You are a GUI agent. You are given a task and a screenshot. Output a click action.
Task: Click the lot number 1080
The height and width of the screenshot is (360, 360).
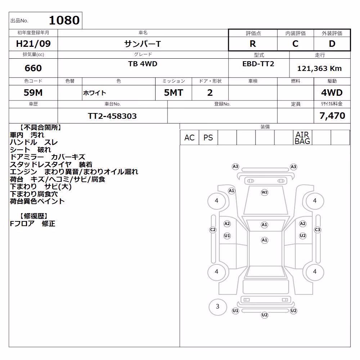click(64, 20)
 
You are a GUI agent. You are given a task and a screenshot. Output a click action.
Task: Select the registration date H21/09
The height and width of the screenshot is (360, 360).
click(33, 44)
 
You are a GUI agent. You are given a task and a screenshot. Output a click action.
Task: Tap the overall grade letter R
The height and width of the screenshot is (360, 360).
click(253, 44)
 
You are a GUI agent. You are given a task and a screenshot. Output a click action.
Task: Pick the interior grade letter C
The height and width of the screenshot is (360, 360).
click(295, 44)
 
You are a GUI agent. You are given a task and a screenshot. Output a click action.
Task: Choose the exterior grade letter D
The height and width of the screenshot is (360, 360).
click(332, 44)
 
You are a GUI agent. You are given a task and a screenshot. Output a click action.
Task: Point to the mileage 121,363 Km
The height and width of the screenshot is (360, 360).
click(320, 68)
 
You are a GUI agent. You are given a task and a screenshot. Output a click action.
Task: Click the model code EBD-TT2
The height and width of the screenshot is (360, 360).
click(258, 64)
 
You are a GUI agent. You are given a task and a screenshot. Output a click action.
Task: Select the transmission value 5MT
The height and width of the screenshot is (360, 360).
click(174, 93)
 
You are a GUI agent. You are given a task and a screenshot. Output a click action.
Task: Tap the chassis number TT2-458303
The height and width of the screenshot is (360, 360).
click(112, 116)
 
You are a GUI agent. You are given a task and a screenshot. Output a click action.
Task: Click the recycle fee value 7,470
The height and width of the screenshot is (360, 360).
click(332, 116)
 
